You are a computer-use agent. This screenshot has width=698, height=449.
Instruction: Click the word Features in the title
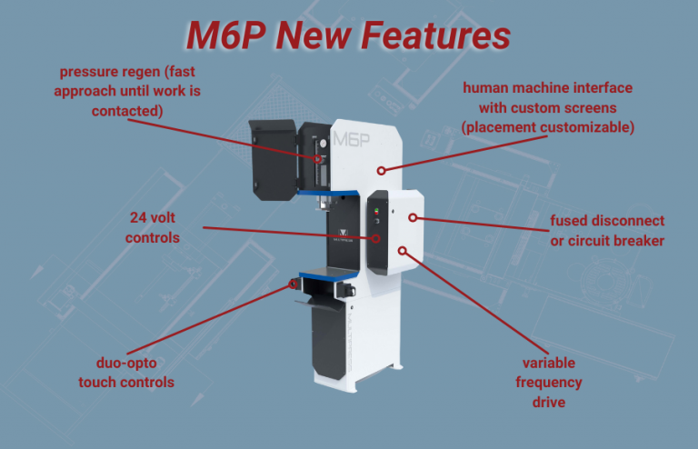(434, 35)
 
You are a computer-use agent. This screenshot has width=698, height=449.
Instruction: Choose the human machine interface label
(547, 107)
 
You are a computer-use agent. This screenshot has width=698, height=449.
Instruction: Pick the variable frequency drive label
(548, 383)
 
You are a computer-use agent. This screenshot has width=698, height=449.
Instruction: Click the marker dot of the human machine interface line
(383, 169)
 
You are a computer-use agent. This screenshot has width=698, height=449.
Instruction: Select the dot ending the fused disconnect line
(412, 217)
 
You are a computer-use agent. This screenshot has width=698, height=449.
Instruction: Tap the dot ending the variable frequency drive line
(403, 250)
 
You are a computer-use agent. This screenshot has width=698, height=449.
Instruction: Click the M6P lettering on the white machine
(353, 139)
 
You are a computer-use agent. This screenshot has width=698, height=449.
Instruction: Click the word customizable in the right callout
(581, 127)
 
